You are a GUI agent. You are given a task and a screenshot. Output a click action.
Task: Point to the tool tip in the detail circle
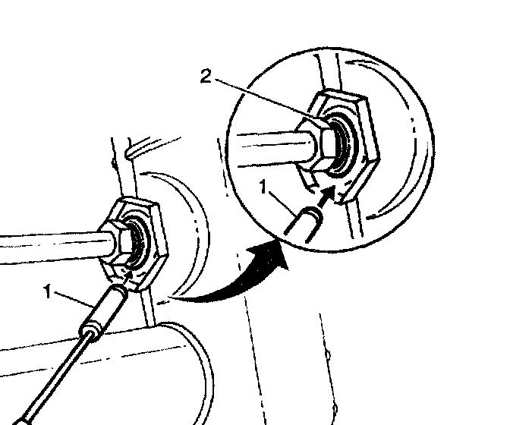coord(305,222)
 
